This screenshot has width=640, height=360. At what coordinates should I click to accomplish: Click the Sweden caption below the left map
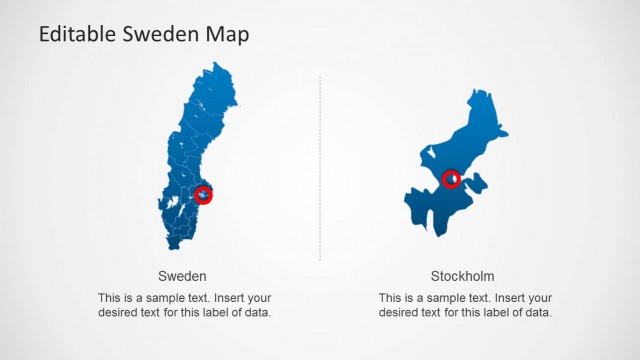click(183, 276)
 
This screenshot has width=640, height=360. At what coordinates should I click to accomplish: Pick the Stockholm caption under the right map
click(462, 276)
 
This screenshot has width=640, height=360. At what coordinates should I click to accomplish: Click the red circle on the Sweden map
click(205, 195)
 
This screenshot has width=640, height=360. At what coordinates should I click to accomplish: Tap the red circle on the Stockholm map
click(452, 179)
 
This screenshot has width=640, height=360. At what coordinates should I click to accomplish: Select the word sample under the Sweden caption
click(154, 298)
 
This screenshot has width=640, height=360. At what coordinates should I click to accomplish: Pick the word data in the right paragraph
click(538, 312)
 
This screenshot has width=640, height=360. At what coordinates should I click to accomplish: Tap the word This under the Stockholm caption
click(391, 298)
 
